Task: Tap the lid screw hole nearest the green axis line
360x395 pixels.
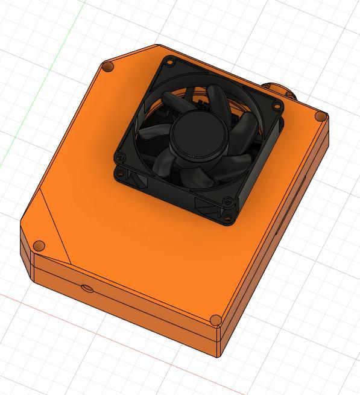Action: pos(109,66)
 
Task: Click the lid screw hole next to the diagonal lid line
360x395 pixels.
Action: pos(38,246)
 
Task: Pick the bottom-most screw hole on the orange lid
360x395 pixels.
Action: pos(215,320)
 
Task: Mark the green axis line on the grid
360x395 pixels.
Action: pos(36,90)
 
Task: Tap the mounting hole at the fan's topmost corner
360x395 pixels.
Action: pos(170,61)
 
